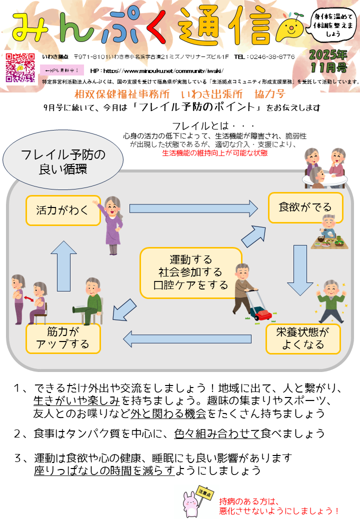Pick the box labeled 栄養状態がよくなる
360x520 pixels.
302,338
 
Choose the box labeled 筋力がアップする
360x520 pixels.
63,338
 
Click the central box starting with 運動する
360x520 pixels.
191,272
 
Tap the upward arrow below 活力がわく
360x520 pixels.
63,265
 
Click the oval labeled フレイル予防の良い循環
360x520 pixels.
63,161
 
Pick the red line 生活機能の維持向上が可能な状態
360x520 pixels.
215,153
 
